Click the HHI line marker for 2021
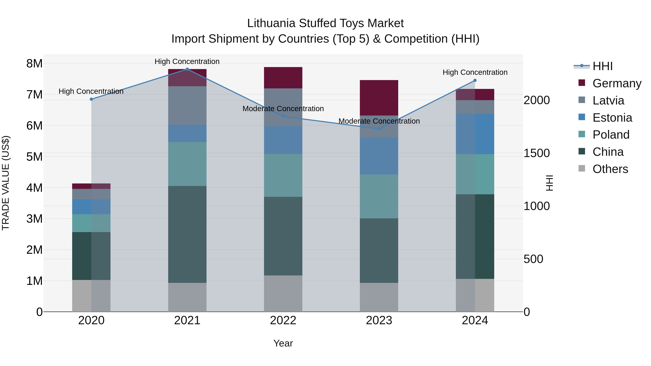point(187,69)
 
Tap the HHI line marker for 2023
point(379,129)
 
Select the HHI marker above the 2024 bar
point(475,81)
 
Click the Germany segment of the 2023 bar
point(379,98)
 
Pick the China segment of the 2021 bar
point(187,234)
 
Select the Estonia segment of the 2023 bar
point(379,156)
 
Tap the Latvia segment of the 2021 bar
point(187,105)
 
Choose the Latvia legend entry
point(608,100)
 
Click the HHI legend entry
point(603,66)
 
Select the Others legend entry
point(610,169)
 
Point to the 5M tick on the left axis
point(34,157)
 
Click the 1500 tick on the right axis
point(537,153)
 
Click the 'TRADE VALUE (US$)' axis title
point(6,183)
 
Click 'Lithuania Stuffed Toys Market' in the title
point(325,23)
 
